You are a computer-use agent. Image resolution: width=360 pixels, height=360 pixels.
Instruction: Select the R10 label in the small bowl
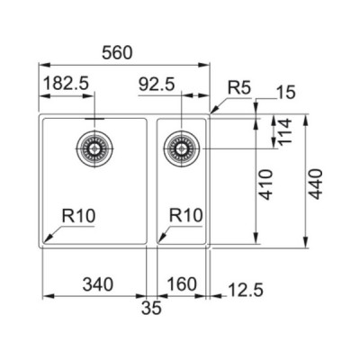tap(187, 216)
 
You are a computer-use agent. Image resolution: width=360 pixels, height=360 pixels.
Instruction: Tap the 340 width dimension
tap(96, 285)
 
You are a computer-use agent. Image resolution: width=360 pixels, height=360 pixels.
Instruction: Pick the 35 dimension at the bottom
tap(151, 309)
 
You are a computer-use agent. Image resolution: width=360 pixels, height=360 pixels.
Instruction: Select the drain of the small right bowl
tap(182, 146)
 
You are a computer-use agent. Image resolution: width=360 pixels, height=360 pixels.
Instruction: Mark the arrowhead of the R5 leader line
tap(212, 112)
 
